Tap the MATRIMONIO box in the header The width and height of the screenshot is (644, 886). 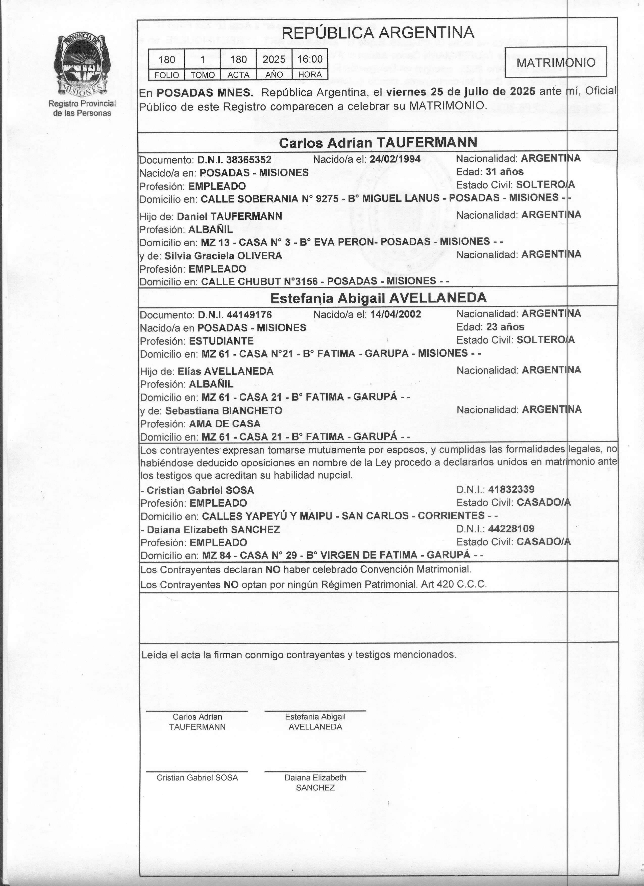pos(555,62)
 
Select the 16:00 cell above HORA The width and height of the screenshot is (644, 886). pos(310,59)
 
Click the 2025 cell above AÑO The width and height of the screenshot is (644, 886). pos(274,59)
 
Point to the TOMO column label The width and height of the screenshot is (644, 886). pos(203,75)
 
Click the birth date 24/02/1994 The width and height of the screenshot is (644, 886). pos(395,159)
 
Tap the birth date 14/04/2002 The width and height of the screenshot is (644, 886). pos(395,315)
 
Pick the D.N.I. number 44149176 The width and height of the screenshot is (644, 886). pos(249,315)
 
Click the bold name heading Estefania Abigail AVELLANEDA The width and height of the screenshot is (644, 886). pos(378,298)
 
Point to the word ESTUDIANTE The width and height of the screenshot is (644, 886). pos(221,341)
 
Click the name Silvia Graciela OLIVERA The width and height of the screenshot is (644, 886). pos(223,256)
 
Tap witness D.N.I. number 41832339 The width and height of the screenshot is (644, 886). pos(511,489)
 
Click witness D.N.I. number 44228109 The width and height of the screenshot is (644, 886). pos(511,529)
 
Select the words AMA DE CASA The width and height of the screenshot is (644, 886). pos(225,424)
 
